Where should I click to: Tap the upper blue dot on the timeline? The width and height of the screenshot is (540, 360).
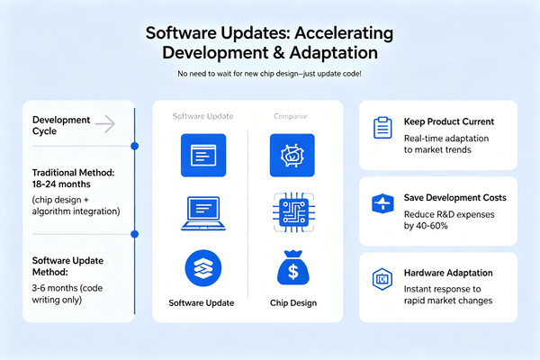point(134,145)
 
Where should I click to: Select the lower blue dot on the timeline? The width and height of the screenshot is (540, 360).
point(134,234)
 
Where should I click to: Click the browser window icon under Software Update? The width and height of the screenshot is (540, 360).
point(201,153)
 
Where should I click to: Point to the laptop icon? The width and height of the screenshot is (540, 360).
point(201,213)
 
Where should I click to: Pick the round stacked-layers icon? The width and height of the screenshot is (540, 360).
point(201,268)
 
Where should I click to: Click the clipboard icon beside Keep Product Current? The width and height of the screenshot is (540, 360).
point(380,127)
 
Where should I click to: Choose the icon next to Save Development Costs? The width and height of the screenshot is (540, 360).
point(380,203)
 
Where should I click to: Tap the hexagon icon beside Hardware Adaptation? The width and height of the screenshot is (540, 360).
point(380,279)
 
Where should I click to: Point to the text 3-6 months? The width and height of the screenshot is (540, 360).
point(55,287)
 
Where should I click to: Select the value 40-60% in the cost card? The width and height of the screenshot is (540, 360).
point(442,226)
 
